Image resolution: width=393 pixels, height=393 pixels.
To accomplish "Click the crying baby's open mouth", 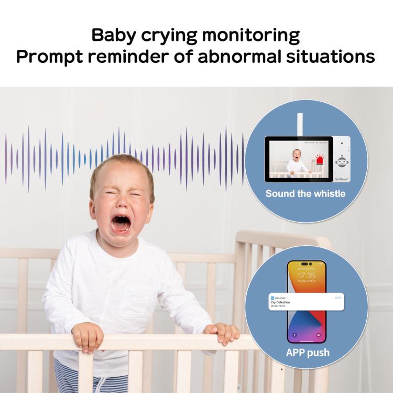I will click(x=121, y=224).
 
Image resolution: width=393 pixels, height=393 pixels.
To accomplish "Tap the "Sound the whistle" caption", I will click(x=305, y=194).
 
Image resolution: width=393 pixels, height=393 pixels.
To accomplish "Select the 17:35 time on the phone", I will click(x=307, y=276).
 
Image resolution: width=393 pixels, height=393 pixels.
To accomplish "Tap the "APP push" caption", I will click(x=308, y=353).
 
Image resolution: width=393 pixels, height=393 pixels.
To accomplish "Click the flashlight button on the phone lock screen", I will click(x=294, y=334).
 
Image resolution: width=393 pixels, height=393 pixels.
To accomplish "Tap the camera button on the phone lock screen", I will click(x=319, y=334).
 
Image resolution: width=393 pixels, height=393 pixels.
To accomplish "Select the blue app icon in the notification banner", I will click(x=272, y=297).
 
